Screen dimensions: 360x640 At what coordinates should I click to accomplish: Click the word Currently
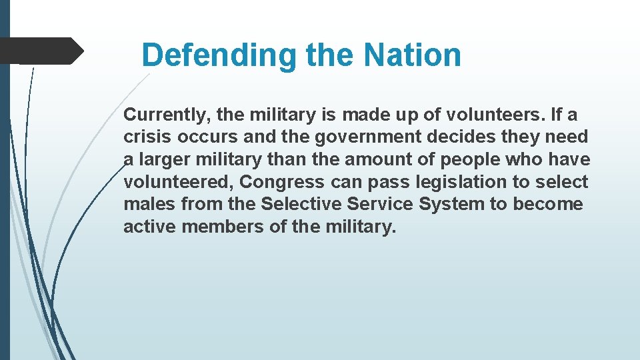tap(167, 115)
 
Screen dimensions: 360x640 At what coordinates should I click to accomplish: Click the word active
tap(149, 227)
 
